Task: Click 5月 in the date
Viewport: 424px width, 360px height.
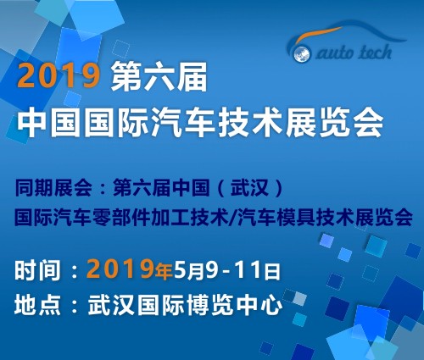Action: pyautogui.click(x=188, y=271)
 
